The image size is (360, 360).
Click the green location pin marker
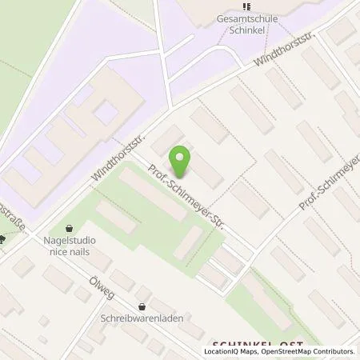[x=182, y=162]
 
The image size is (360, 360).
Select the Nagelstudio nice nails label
[x=69, y=246]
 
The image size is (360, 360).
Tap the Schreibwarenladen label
[x=142, y=318]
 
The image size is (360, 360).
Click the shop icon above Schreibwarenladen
[x=142, y=305]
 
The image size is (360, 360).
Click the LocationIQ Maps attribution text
[x=231, y=351]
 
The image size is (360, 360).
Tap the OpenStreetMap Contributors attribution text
[x=307, y=351]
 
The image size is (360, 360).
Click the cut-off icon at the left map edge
[x=2, y=238]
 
